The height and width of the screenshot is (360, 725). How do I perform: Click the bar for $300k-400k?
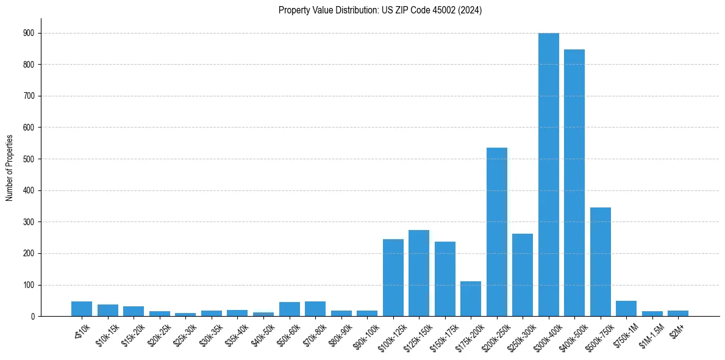click(548, 175)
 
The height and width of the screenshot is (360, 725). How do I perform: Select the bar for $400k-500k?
click(574, 183)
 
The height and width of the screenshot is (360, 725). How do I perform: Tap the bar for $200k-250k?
click(496, 232)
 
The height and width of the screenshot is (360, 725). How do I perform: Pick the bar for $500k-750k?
click(600, 262)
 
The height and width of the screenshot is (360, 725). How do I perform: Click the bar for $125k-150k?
click(419, 273)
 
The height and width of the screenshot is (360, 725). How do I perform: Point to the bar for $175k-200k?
click(471, 298)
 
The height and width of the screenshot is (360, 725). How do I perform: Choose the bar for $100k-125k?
click(393, 278)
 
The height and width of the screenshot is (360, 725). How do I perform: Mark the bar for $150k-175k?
click(445, 279)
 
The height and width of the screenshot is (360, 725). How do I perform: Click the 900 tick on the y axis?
click(30, 33)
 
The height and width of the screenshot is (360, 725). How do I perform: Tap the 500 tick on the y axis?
click(30, 159)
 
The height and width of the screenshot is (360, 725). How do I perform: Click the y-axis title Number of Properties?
click(9, 168)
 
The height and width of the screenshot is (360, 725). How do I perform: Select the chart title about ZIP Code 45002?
click(380, 10)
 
